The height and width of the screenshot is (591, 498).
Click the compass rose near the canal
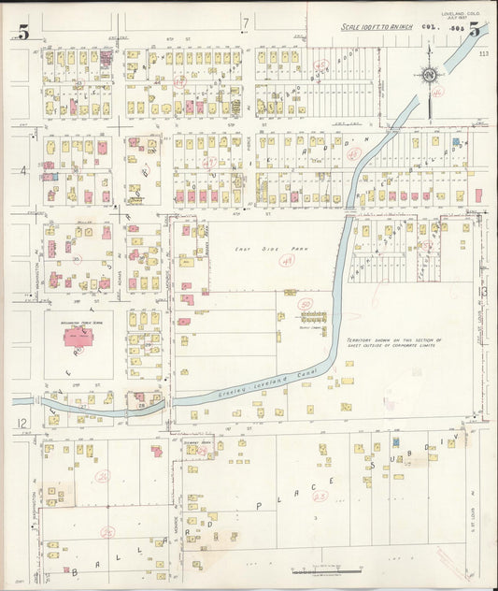click(429, 76)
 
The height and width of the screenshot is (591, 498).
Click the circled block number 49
click(287, 263)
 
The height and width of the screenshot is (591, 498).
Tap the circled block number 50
click(305, 304)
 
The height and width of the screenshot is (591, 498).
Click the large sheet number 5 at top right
click(476, 30)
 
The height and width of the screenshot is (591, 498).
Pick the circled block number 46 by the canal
click(436, 93)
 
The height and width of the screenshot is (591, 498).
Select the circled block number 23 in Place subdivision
click(320, 496)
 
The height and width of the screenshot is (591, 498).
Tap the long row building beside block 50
click(314, 316)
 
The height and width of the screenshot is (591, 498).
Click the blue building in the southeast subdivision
click(396, 440)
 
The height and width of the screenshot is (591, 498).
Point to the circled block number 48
click(353, 154)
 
